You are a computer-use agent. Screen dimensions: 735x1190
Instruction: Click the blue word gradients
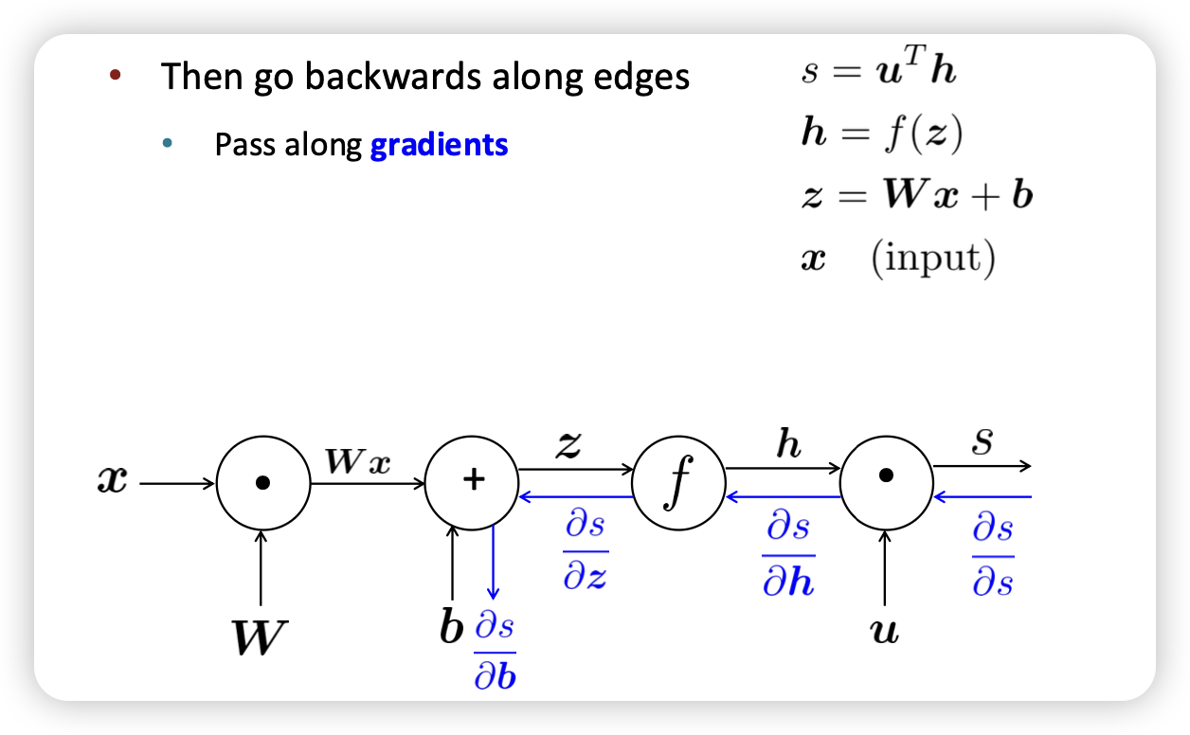[439, 145]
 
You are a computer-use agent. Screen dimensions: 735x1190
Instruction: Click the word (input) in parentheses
[933, 258]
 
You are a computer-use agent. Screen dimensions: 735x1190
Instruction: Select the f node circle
[677, 483]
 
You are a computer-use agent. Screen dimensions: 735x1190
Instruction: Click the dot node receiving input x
[263, 482]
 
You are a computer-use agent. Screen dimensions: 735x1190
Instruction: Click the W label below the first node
[258, 638]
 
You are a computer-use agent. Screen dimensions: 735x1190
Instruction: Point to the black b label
[452, 627]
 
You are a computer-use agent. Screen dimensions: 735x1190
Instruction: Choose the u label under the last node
[885, 631]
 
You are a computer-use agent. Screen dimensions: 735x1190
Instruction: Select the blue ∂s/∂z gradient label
[586, 551]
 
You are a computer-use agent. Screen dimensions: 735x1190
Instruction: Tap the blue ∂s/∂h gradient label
[788, 555]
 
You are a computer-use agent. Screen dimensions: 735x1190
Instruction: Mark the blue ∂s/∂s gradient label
[993, 555]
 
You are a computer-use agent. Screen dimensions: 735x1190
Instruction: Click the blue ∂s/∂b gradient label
[495, 652]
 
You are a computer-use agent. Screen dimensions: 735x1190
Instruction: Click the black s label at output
[983, 443]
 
